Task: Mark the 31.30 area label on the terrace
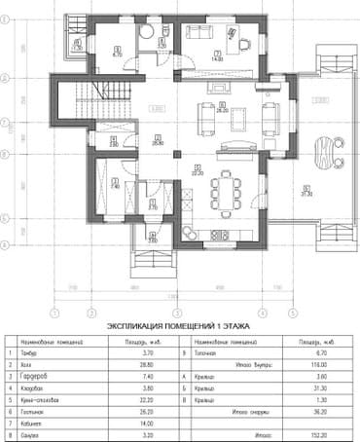click(306, 193)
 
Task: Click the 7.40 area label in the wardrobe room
click(114, 185)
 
